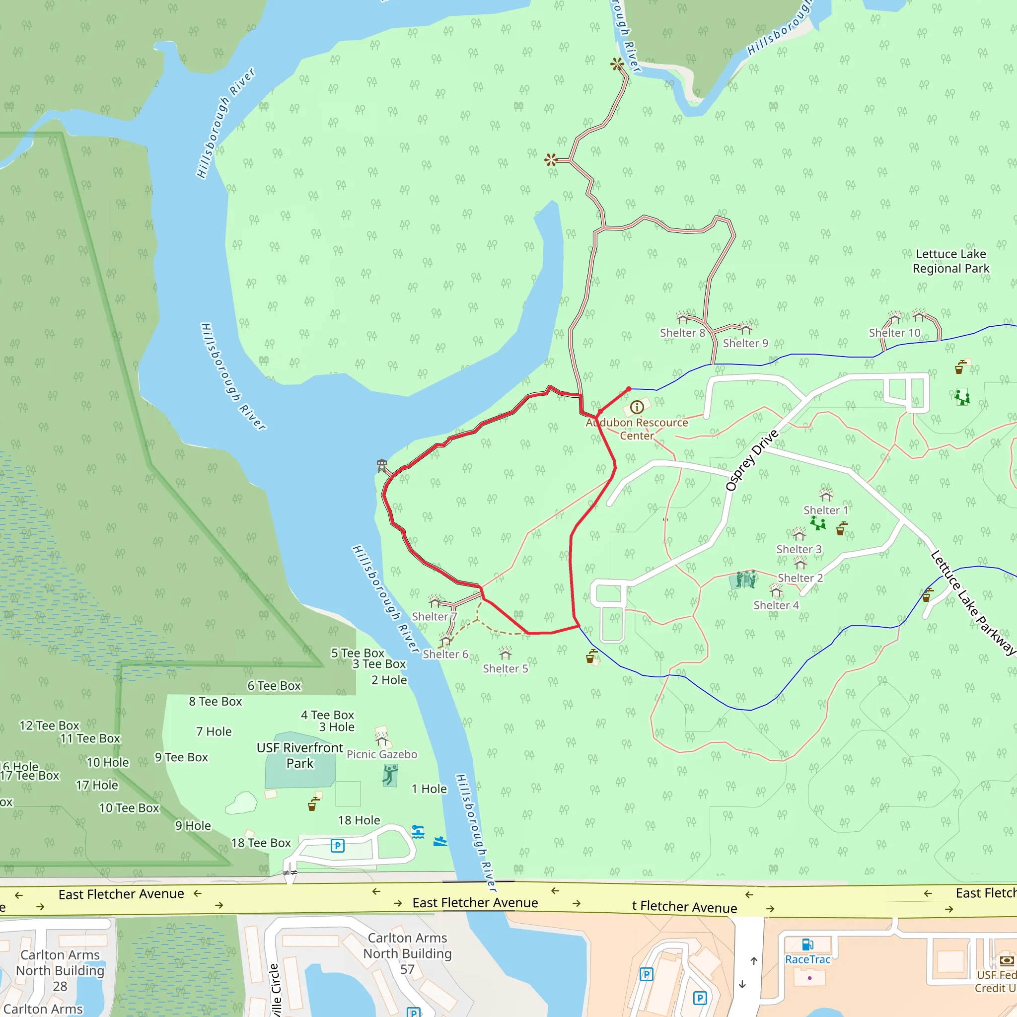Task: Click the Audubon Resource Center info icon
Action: click(637, 407)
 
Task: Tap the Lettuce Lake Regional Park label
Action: click(950, 261)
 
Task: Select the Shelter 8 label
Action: click(682, 333)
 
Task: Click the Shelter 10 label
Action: click(894, 333)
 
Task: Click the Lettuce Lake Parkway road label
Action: click(972, 602)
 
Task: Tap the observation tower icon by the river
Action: click(382, 465)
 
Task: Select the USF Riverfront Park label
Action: click(299, 755)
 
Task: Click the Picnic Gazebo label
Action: click(382, 754)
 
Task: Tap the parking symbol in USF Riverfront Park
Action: click(337, 845)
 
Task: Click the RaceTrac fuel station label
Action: click(807, 959)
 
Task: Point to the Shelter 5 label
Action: click(506, 668)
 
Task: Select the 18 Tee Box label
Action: click(261, 843)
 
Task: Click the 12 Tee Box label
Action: click(50, 726)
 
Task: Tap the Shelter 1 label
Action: click(825, 510)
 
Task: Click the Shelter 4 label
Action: click(776, 605)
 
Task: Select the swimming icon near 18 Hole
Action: click(418, 832)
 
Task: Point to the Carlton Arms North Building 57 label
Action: click(407, 953)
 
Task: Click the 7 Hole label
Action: click(214, 731)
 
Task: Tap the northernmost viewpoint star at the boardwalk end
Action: click(617, 64)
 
